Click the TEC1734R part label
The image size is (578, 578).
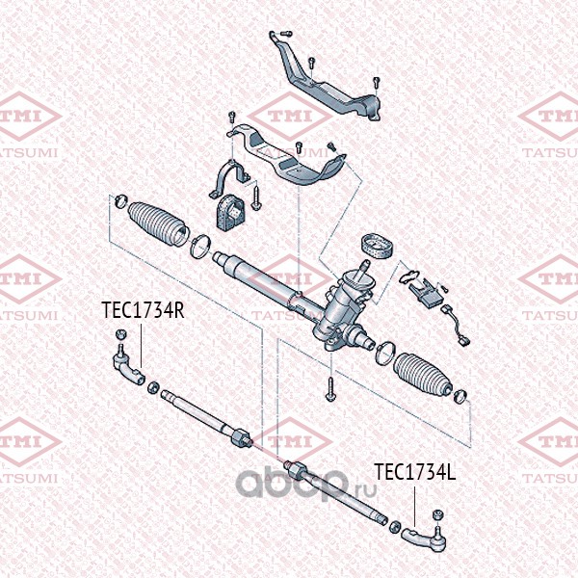(143, 311)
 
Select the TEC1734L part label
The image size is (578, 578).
(414, 472)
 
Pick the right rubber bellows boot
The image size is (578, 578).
(422, 375)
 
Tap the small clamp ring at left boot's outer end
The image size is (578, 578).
(118, 200)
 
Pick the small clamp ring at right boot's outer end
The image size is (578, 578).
(460, 394)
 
